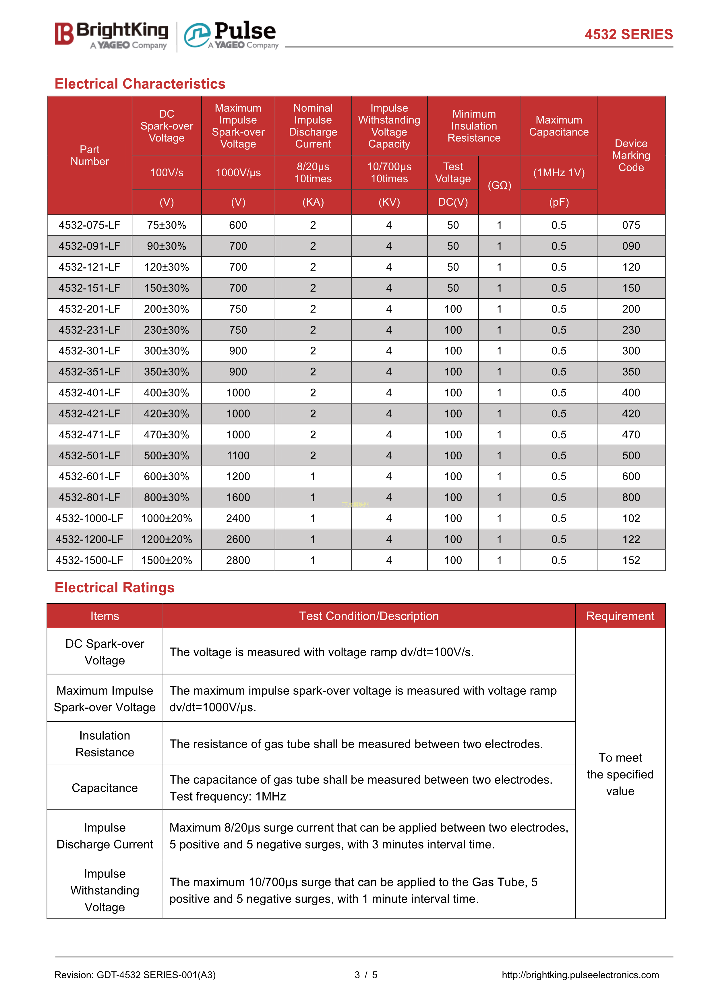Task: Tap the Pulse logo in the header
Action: (231, 35)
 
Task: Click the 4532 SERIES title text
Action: (628, 34)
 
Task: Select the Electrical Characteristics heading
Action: (140, 84)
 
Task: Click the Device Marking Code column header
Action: (631, 155)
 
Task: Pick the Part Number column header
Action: (90, 155)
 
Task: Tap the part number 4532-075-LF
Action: (90, 225)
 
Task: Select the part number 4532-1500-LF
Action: (90, 560)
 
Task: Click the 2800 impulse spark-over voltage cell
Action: (238, 560)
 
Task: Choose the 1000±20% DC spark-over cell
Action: (167, 518)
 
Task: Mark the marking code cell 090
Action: (631, 246)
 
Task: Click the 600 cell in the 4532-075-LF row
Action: (238, 225)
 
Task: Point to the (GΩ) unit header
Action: (499, 185)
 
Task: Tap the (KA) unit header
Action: (313, 202)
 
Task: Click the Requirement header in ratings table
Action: (620, 616)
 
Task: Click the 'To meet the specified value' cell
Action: (620, 774)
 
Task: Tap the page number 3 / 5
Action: (366, 975)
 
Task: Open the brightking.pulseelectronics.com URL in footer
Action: (580, 975)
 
